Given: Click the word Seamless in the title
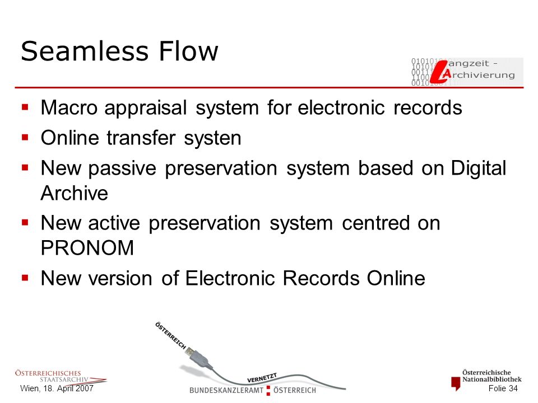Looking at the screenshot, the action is (85, 51).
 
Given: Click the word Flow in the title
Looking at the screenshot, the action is (188, 51).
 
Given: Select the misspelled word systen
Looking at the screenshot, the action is (212, 138).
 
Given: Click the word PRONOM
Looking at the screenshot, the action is (87, 247).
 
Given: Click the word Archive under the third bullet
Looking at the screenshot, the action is (75, 193).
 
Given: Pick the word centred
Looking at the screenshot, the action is (375, 223).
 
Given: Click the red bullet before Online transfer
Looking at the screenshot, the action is (25, 138).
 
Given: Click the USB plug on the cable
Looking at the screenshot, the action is (197, 357).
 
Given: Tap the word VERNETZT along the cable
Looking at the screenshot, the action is (262, 378).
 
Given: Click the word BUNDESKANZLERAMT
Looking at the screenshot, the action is (226, 390).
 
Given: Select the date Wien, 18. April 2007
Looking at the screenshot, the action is (57, 388).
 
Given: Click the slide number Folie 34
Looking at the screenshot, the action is (503, 388).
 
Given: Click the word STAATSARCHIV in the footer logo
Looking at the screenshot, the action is (64, 379).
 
